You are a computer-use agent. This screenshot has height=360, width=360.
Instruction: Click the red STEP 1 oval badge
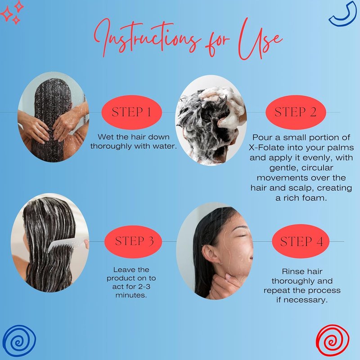(132, 112)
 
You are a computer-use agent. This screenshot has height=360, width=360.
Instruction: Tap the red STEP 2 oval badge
(296, 112)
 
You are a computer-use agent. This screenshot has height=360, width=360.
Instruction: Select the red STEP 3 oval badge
(133, 242)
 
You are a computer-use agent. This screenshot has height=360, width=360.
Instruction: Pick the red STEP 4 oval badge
(301, 241)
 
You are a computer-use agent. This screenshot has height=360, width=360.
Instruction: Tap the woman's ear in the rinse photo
(209, 254)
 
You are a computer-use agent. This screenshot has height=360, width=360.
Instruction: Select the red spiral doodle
(333, 341)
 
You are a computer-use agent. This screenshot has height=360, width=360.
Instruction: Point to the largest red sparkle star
(6, 13)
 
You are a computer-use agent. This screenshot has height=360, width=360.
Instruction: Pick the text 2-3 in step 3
(144, 287)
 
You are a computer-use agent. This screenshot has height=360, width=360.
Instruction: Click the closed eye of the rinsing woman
(242, 235)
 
